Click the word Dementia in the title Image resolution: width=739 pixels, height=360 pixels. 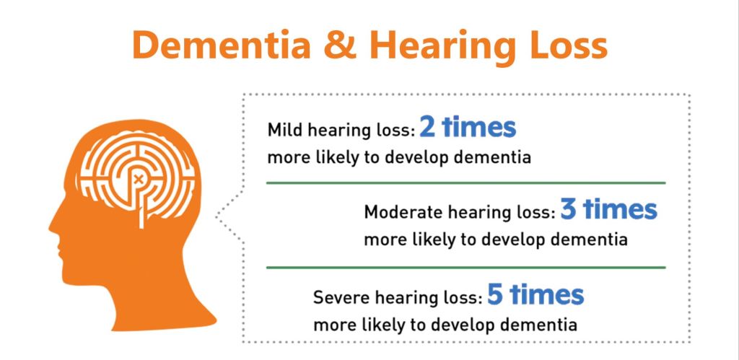222,45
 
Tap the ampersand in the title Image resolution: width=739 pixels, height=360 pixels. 339,45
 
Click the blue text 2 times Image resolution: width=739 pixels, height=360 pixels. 468,127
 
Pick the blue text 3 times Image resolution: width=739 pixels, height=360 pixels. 608,209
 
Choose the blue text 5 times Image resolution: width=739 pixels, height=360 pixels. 535,294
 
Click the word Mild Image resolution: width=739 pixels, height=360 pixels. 283,130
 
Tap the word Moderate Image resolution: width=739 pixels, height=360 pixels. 403,212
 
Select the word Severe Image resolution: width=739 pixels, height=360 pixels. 341,297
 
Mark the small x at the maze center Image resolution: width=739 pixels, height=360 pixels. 138,179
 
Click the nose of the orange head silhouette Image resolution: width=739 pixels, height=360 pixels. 52,227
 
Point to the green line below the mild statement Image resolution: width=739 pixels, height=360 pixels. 465,183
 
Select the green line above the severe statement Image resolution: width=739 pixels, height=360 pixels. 465,267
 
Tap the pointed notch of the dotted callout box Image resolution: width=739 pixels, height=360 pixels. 217,216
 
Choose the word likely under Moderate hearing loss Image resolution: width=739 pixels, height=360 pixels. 434,240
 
